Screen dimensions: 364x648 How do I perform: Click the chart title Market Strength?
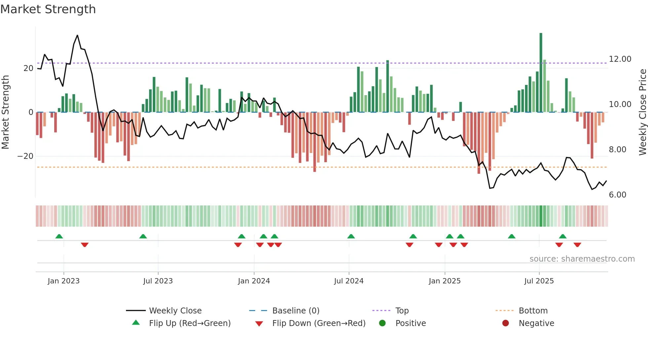pyautogui.click(x=48, y=9)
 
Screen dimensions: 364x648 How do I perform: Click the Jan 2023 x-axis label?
pyautogui.click(x=63, y=281)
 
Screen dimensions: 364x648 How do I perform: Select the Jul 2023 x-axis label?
pyautogui.click(x=158, y=281)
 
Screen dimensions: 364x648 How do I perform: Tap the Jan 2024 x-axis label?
pyautogui.click(x=254, y=281)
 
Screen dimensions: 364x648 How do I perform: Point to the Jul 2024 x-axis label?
pyautogui.click(x=348, y=281)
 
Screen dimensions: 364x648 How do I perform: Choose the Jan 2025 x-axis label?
pyautogui.click(x=444, y=281)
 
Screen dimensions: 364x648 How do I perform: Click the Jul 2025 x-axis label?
pyautogui.click(x=539, y=281)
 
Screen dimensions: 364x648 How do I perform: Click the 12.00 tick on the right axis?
pyautogui.click(x=620, y=59)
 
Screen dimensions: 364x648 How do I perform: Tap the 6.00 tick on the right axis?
pyautogui.click(x=618, y=195)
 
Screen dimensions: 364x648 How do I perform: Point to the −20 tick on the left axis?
pyautogui.click(x=25, y=156)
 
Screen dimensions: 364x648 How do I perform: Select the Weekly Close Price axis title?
pyautogui.click(x=642, y=112)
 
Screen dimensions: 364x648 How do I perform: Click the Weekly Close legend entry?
pyautogui.click(x=175, y=311)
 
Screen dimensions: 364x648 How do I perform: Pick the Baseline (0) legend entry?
pyautogui.click(x=296, y=311)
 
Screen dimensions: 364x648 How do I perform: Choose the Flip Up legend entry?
pyautogui.click(x=189, y=323)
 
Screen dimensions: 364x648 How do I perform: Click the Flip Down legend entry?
pyautogui.click(x=318, y=323)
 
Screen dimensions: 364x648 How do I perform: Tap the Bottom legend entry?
pyautogui.click(x=533, y=311)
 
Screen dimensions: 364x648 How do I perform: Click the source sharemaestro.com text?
pyautogui.click(x=582, y=259)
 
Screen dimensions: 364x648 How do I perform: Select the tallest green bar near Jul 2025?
pyautogui.click(x=541, y=73)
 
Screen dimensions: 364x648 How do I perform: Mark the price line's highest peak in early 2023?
pyautogui.click(x=77, y=35)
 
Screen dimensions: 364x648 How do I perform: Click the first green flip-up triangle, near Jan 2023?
pyautogui.click(x=59, y=237)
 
